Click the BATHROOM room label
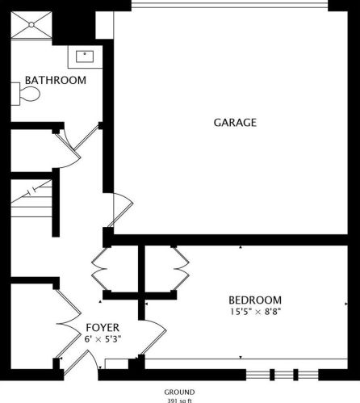pos(55,81)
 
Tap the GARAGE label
pos(235,123)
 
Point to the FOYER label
pos(103,327)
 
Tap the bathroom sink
pos(86,56)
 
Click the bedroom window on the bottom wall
pos(283,374)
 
